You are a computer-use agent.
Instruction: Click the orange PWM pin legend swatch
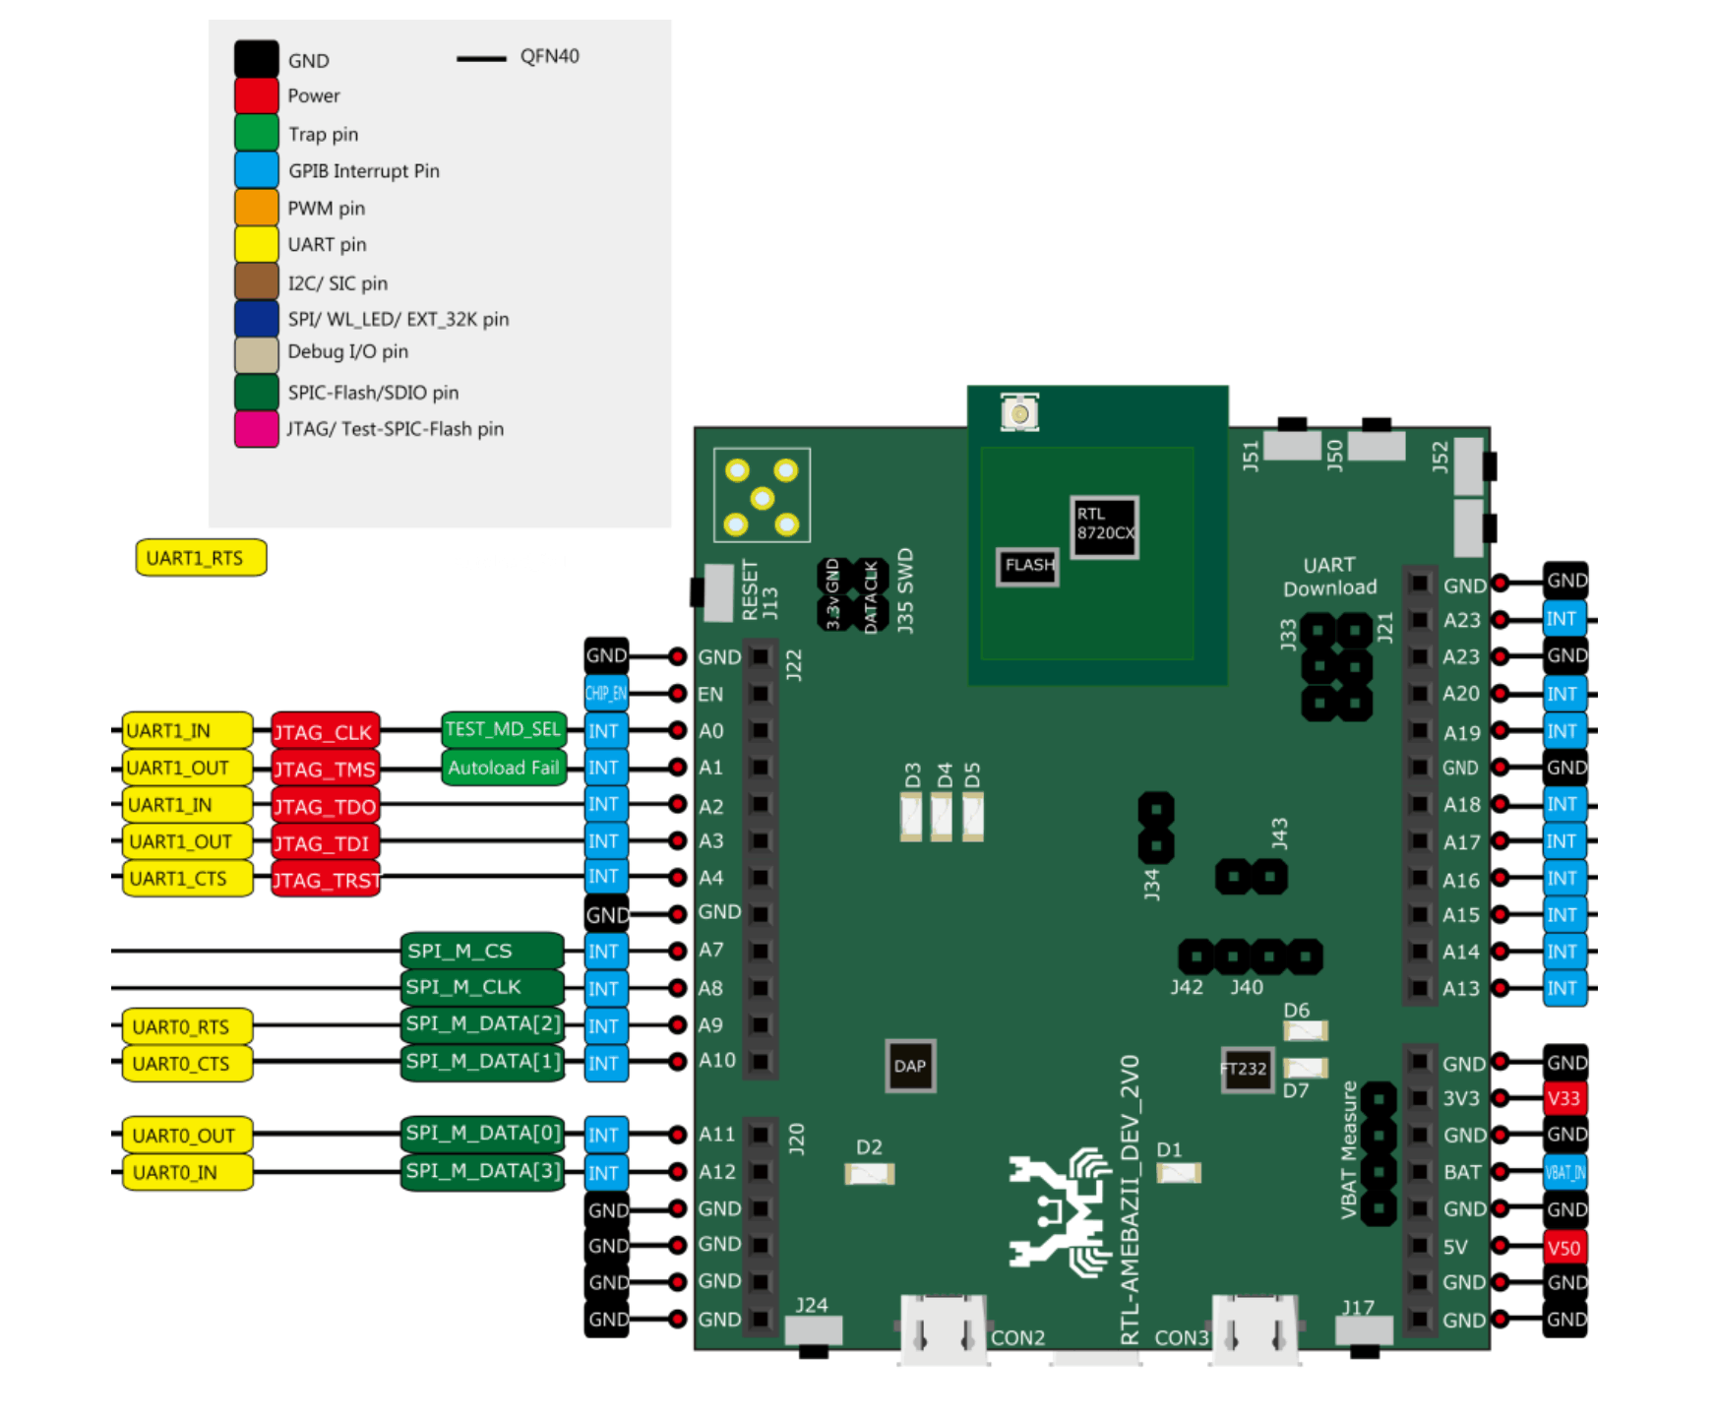click(x=256, y=208)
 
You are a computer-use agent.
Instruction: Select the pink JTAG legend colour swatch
click(x=256, y=429)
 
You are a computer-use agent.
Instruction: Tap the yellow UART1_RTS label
click(x=201, y=558)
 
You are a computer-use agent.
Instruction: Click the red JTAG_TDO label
click(x=325, y=807)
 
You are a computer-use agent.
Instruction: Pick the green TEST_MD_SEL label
click(x=503, y=729)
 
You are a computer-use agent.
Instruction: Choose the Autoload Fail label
click(x=503, y=768)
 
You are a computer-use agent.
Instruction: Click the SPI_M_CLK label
click(x=482, y=987)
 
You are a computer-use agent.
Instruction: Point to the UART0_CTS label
click(x=186, y=1064)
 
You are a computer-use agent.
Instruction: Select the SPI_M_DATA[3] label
click(x=482, y=1171)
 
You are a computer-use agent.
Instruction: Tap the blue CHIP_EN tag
click(x=605, y=694)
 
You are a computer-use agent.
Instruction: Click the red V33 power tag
click(x=1563, y=1098)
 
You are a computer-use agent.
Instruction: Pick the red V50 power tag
click(x=1563, y=1248)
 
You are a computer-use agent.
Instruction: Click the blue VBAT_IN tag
click(x=1563, y=1172)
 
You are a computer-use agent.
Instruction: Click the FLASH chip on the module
click(x=1027, y=566)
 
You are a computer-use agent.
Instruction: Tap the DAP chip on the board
click(x=909, y=1066)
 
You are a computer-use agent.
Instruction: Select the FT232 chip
click(x=1246, y=1070)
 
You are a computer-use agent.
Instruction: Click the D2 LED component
click(x=870, y=1173)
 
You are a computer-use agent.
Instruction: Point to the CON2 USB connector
click(x=943, y=1328)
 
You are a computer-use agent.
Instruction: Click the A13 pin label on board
click(x=1460, y=988)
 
